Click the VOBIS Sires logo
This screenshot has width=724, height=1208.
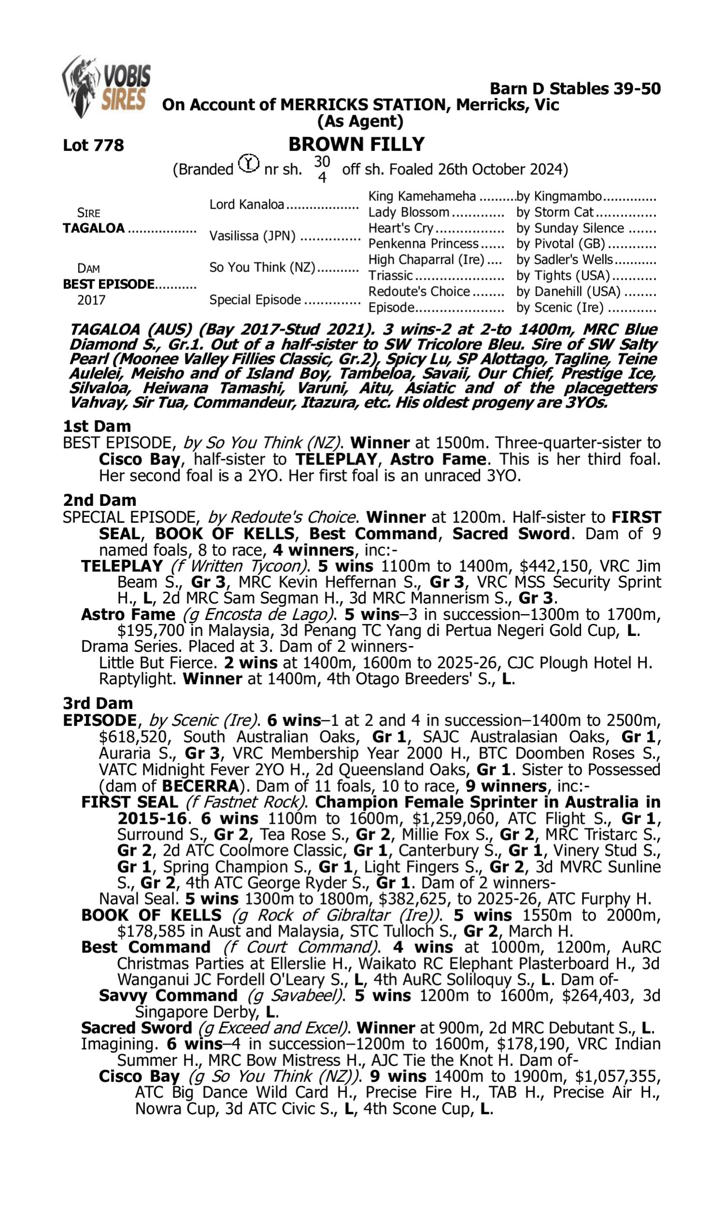[x=106, y=86]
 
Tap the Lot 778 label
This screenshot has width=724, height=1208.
[x=93, y=145]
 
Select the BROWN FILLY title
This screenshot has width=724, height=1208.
[x=356, y=144]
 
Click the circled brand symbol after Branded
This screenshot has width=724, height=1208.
[x=249, y=164]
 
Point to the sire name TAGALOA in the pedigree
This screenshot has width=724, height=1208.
[x=94, y=228]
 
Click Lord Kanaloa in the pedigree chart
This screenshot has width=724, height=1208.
[x=246, y=204]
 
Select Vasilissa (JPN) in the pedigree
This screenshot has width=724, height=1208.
[x=252, y=236]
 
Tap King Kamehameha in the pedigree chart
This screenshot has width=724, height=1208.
[x=421, y=196]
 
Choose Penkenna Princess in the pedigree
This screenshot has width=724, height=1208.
[x=423, y=244]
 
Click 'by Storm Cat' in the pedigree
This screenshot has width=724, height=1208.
[x=555, y=212]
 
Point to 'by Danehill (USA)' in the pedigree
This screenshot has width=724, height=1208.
[x=569, y=291]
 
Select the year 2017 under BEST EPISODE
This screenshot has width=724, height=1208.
[x=91, y=300]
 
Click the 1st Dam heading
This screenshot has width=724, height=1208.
[x=97, y=426]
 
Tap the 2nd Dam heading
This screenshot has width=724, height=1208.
[x=99, y=500]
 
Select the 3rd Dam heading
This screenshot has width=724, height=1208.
[x=97, y=703]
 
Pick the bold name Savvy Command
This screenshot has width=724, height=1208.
[x=168, y=995]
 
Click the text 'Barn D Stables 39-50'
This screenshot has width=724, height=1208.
[x=575, y=89]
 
